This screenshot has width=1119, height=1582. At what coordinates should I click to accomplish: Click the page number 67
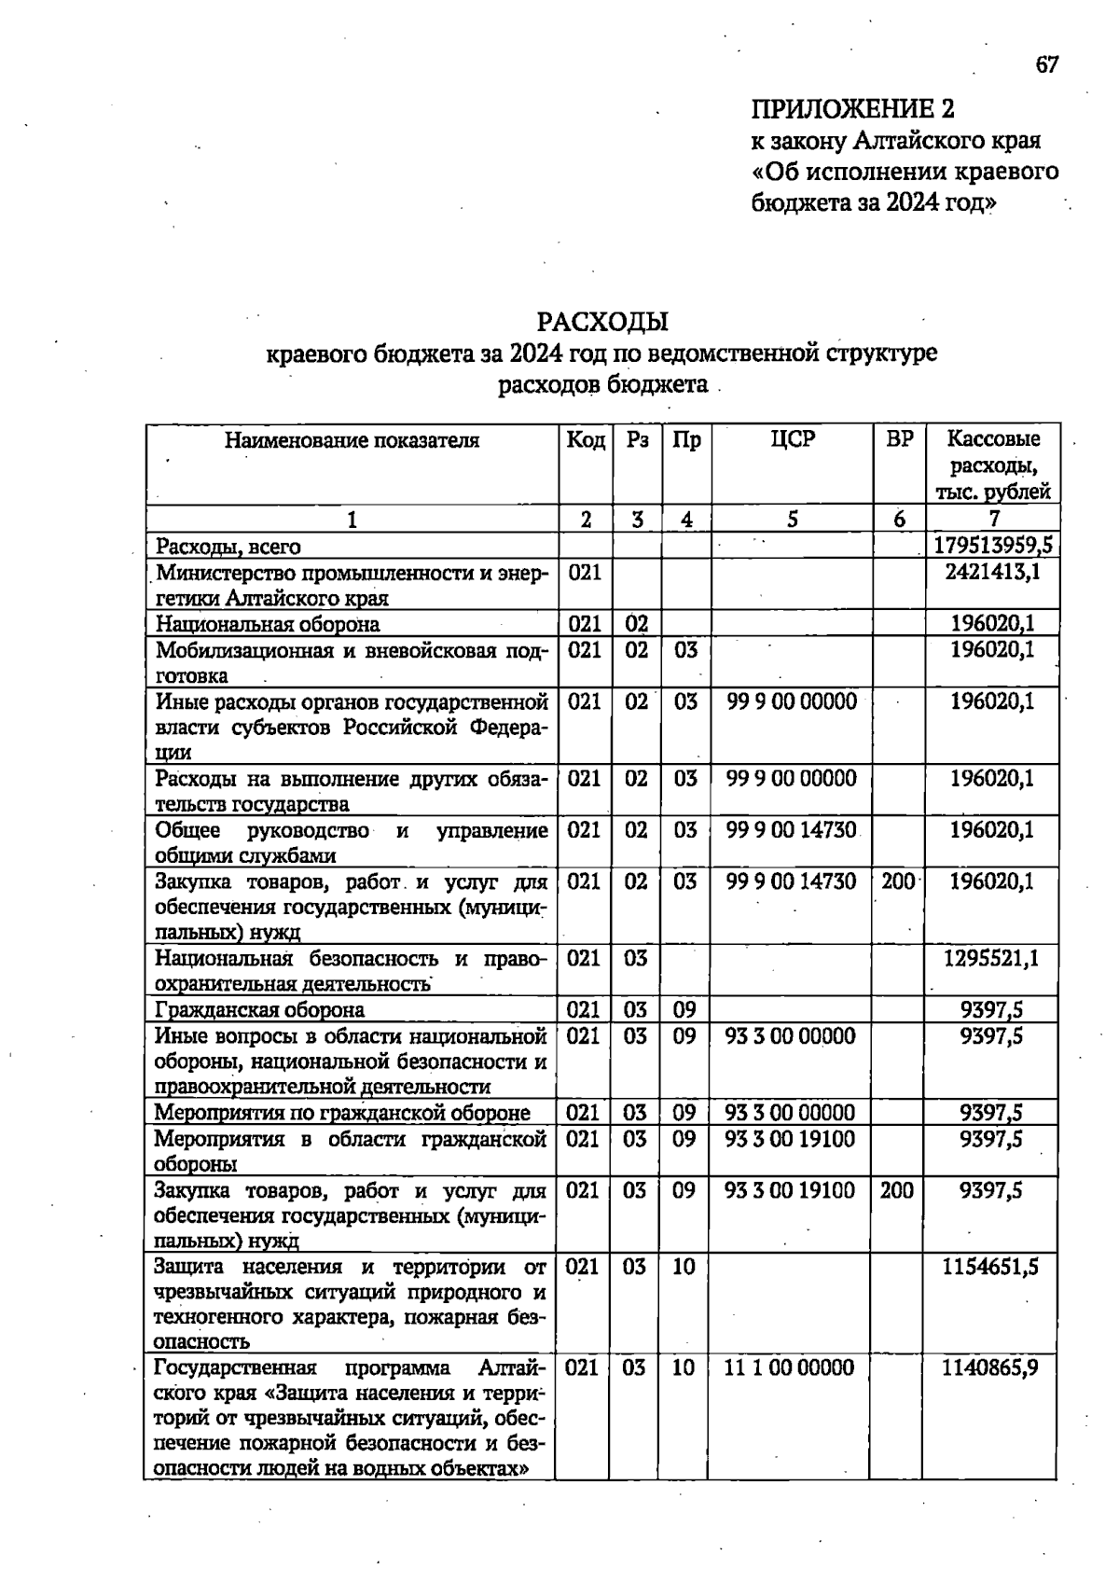[x=1046, y=64]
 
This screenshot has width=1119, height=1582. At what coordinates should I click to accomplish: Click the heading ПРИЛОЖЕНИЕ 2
[x=852, y=110]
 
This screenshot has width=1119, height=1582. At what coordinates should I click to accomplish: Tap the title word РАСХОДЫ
[x=603, y=322]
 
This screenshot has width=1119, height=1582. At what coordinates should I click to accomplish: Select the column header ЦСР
[x=792, y=439]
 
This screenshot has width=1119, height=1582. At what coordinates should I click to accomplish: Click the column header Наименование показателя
[x=352, y=440]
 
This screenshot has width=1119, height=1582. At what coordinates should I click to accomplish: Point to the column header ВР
[x=898, y=439]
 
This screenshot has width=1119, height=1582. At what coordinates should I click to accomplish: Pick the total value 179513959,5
[x=993, y=546]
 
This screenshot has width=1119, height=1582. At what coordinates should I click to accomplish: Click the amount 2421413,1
[x=992, y=572]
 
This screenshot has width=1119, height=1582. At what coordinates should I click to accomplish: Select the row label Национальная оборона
[x=268, y=624]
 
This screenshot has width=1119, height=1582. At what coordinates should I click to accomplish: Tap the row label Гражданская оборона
[x=260, y=1009]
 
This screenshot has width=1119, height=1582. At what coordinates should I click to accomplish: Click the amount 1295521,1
[x=991, y=958]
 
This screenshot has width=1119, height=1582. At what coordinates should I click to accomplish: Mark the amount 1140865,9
[x=990, y=1367]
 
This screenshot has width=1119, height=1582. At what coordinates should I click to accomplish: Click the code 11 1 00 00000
[x=789, y=1367]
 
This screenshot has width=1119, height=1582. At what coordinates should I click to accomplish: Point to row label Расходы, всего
[x=228, y=546]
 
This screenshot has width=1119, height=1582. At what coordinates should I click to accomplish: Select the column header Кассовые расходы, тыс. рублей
[x=993, y=465]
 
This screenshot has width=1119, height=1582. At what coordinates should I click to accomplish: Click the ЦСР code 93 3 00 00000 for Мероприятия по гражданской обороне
[x=789, y=1112]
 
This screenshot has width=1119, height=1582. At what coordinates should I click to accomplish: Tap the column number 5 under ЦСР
[x=791, y=520]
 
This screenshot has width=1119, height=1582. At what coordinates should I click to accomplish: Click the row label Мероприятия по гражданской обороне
[x=342, y=1112]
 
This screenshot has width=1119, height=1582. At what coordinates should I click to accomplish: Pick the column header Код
[x=586, y=439]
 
